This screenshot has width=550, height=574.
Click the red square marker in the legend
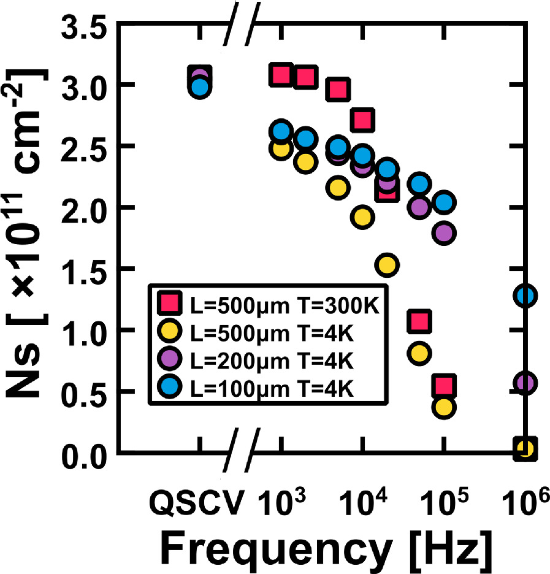pos(169,304)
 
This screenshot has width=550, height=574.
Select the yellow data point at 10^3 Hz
pos(281,149)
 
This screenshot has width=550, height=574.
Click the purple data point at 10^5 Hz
pos(445,233)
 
